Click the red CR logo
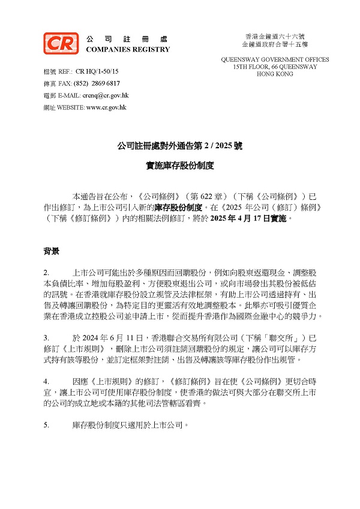(x=61, y=43)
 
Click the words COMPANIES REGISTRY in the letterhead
(x=128, y=49)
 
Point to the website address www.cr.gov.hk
(x=106, y=107)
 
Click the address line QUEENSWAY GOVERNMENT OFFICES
(x=275, y=60)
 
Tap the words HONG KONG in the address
(x=275, y=74)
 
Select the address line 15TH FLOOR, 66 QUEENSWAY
(x=275, y=67)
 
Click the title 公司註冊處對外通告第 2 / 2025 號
(x=179, y=146)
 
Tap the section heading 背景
(x=51, y=250)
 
